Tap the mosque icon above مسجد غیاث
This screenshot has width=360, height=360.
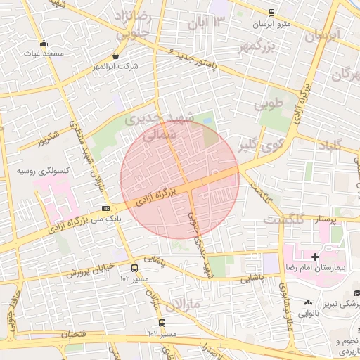44,43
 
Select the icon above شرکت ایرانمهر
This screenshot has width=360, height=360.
116,56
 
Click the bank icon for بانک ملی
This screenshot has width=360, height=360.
105,208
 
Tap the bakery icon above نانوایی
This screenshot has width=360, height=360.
308,302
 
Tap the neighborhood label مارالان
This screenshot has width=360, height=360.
184,304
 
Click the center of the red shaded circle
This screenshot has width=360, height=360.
180,179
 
